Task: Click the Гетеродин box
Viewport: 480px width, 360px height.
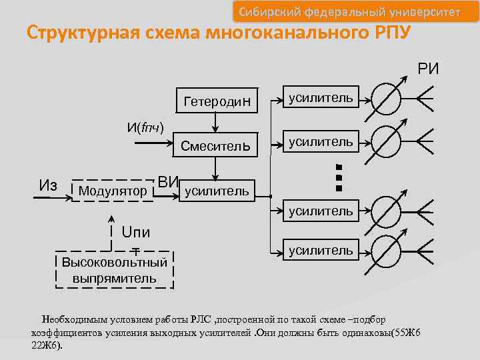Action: (217, 101)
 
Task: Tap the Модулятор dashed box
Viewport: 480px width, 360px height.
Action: (113, 191)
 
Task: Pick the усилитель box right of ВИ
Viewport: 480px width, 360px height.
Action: (217, 191)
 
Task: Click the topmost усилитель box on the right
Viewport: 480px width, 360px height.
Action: (321, 98)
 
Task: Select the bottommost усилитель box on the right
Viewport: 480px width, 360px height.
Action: (321, 251)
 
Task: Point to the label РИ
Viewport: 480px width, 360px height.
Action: (428, 69)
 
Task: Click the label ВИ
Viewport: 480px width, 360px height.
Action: (168, 181)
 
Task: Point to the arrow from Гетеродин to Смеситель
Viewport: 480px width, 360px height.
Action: (215, 123)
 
